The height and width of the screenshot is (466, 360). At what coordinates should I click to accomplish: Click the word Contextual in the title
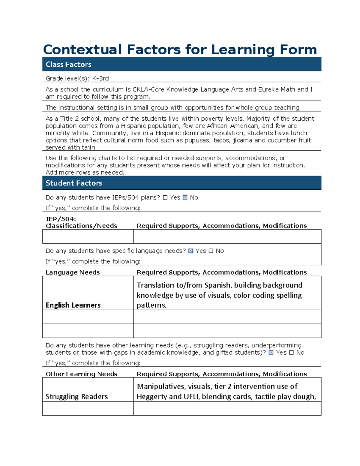[x=82, y=50]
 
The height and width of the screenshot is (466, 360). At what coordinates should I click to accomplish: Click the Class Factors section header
[x=68, y=65]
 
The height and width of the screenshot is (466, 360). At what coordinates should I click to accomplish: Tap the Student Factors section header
[x=73, y=183]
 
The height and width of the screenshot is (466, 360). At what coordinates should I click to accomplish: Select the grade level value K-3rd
[x=100, y=79]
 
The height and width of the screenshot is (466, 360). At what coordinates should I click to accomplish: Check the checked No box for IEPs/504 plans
[x=185, y=197]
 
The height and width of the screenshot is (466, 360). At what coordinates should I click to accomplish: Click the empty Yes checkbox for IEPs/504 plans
[x=165, y=197]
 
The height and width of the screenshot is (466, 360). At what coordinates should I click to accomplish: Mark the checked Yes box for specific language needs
[x=190, y=251]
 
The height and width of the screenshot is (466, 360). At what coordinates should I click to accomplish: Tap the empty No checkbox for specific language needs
[x=211, y=251]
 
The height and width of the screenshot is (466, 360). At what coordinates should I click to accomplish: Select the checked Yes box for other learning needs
[x=271, y=353]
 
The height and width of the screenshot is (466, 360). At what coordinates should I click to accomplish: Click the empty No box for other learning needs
[x=291, y=353]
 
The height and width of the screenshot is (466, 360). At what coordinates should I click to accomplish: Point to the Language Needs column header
[x=73, y=272]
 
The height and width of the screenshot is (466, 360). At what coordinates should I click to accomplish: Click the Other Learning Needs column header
[x=81, y=374]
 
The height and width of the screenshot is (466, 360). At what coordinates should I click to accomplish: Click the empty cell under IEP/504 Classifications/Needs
[x=88, y=236]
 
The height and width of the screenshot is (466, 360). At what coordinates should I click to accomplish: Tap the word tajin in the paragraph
[x=88, y=148]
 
